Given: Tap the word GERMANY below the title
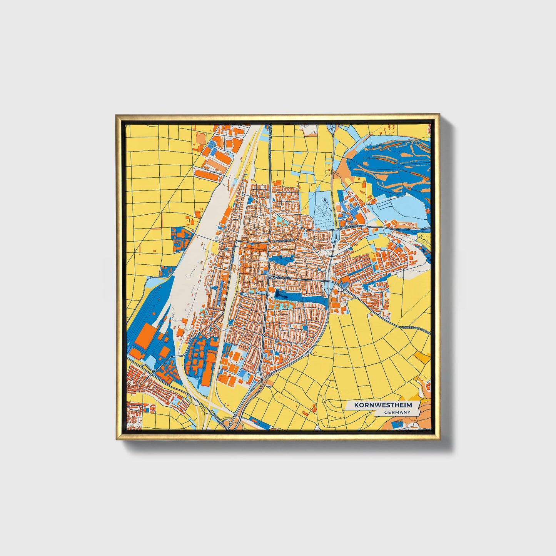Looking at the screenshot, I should (x=397, y=412).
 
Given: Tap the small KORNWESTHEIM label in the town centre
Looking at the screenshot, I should (x=279, y=277).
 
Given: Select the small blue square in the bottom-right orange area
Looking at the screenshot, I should (x=399, y=423).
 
